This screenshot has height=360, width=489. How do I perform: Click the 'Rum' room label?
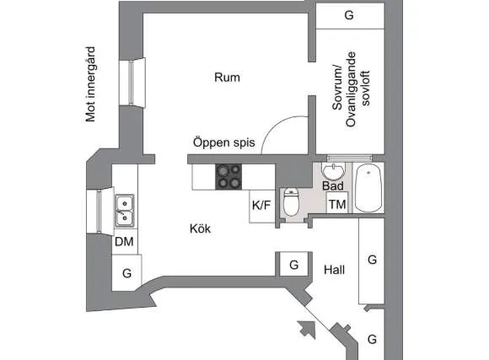click(x=227, y=78)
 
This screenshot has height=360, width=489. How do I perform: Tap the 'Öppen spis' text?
click(x=224, y=142)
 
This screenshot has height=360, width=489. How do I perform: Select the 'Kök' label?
click(x=200, y=228)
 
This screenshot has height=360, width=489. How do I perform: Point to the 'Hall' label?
click(x=335, y=270)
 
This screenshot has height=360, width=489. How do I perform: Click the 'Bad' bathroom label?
click(x=333, y=186)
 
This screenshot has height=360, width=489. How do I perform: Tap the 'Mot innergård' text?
click(x=90, y=84)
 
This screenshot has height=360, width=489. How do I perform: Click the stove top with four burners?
click(x=228, y=177)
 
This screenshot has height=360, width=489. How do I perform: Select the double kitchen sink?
click(x=125, y=211)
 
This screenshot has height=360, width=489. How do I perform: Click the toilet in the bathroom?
click(x=291, y=202)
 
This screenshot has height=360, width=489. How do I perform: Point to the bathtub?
click(x=368, y=188)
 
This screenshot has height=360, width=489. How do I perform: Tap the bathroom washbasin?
click(x=333, y=171)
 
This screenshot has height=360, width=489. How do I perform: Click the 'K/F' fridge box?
click(x=262, y=207)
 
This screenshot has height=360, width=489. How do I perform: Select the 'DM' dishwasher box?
click(x=125, y=241)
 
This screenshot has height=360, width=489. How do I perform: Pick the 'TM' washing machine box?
click(x=337, y=203)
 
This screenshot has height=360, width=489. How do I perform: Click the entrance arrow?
click(x=308, y=330)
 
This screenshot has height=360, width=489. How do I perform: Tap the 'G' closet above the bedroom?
click(x=350, y=16)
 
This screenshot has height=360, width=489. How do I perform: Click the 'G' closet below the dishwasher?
click(x=127, y=273)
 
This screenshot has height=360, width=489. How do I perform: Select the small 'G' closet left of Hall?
click(x=293, y=265)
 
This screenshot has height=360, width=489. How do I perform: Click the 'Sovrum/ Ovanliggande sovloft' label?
click(x=351, y=89)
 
